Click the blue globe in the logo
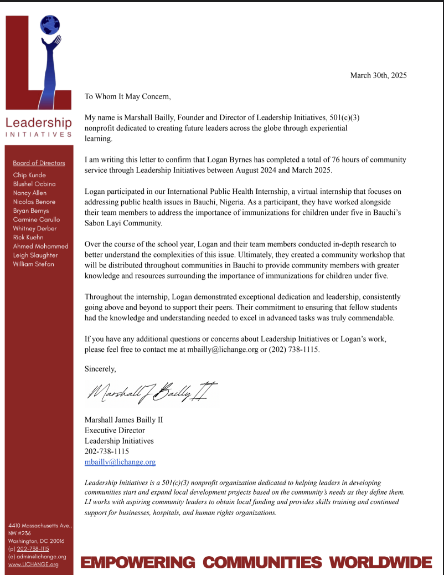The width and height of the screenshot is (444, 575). [50, 24]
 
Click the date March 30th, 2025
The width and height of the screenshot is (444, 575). [378, 75]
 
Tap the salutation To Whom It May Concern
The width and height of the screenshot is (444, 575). [127, 96]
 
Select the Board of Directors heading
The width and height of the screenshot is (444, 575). [39, 163]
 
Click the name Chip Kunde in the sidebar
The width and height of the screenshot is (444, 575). [29, 175]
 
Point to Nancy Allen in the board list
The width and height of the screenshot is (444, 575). [30, 193]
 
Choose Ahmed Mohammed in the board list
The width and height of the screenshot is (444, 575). [40, 246]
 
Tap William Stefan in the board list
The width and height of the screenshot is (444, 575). [34, 264]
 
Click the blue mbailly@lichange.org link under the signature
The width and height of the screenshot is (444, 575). [120, 461]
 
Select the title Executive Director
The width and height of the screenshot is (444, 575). [115, 430]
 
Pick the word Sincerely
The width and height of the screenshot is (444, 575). [100, 368]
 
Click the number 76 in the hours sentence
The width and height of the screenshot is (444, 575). [306, 160]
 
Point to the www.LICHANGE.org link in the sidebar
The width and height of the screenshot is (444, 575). [33, 564]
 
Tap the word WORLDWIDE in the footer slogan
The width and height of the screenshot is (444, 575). [381, 563]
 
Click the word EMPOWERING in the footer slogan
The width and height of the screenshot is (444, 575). [137, 563]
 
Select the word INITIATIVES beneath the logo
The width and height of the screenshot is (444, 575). [39, 134]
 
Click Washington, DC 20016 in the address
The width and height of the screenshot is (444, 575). [36, 541]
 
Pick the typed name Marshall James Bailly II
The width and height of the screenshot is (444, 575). [123, 420]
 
